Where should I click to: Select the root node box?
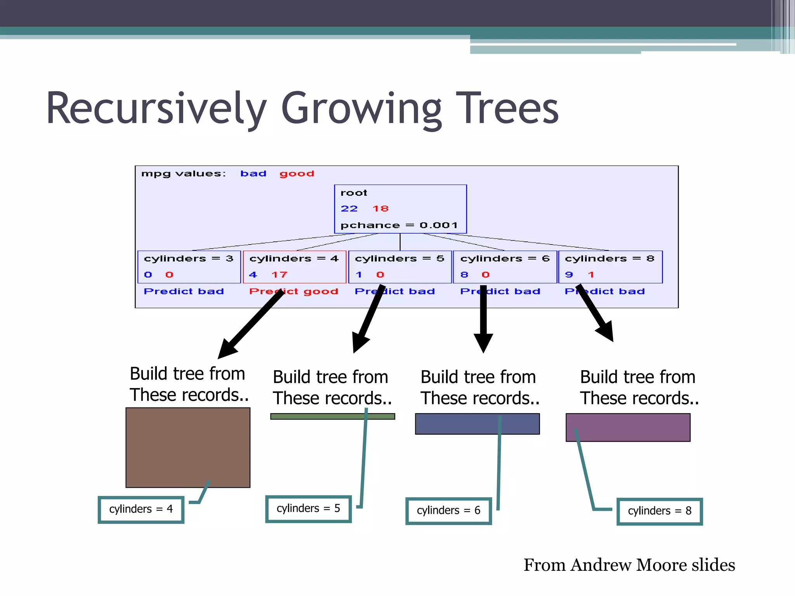(x=400, y=209)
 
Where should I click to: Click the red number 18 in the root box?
(x=380, y=209)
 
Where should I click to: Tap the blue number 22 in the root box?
(x=349, y=209)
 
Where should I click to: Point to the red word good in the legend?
(x=297, y=173)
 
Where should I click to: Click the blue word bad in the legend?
(x=253, y=173)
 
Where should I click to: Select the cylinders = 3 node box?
(x=189, y=267)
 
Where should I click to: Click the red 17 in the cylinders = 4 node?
(x=279, y=275)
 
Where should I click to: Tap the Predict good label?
(x=293, y=291)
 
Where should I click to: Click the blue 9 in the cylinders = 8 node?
(x=569, y=275)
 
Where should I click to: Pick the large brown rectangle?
(x=188, y=447)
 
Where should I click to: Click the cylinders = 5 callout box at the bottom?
(x=308, y=509)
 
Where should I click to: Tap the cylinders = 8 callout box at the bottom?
(x=660, y=511)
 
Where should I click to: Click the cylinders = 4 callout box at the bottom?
(x=141, y=509)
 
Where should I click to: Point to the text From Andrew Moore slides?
(x=629, y=565)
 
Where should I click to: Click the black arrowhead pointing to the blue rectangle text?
(x=483, y=342)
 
